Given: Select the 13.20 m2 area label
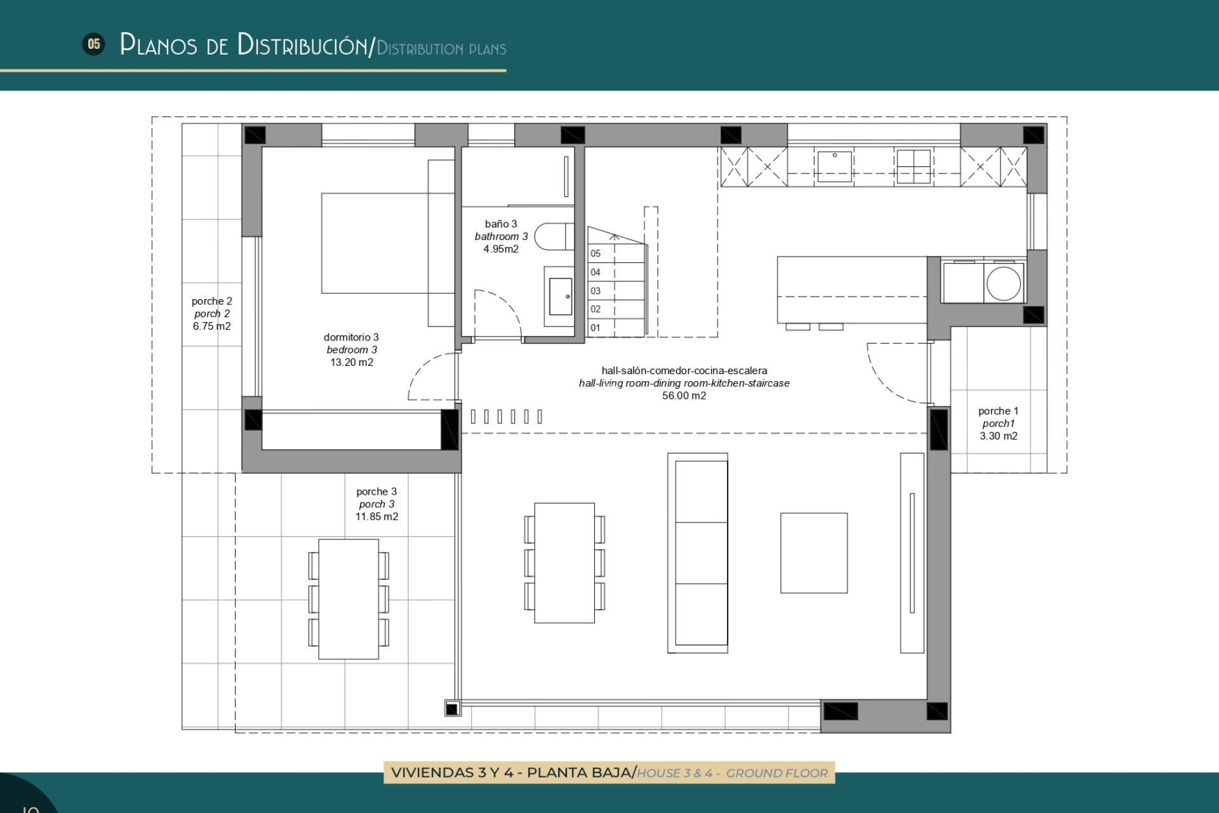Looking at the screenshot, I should tap(352, 363).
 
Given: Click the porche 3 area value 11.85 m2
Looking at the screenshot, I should tap(376, 517).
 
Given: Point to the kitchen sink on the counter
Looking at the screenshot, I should tap(834, 166).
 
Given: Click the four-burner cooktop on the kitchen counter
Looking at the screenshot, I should tap(913, 166).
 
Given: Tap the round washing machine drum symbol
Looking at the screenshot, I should tap(1004, 283).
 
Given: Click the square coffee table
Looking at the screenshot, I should tap(813, 553).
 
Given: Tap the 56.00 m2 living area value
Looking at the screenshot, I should tap(684, 396).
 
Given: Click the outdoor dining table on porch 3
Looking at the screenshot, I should tap(349, 599).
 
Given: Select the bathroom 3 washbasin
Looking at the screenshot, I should tap(560, 297).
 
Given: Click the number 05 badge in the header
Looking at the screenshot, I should tap(94, 44).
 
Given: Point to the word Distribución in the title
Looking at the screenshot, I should tap(302, 44).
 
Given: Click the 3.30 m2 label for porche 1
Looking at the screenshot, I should tap(998, 436).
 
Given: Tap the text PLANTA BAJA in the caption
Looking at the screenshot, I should tap(579, 773).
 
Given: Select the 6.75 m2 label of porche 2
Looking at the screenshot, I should tap(211, 326).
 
